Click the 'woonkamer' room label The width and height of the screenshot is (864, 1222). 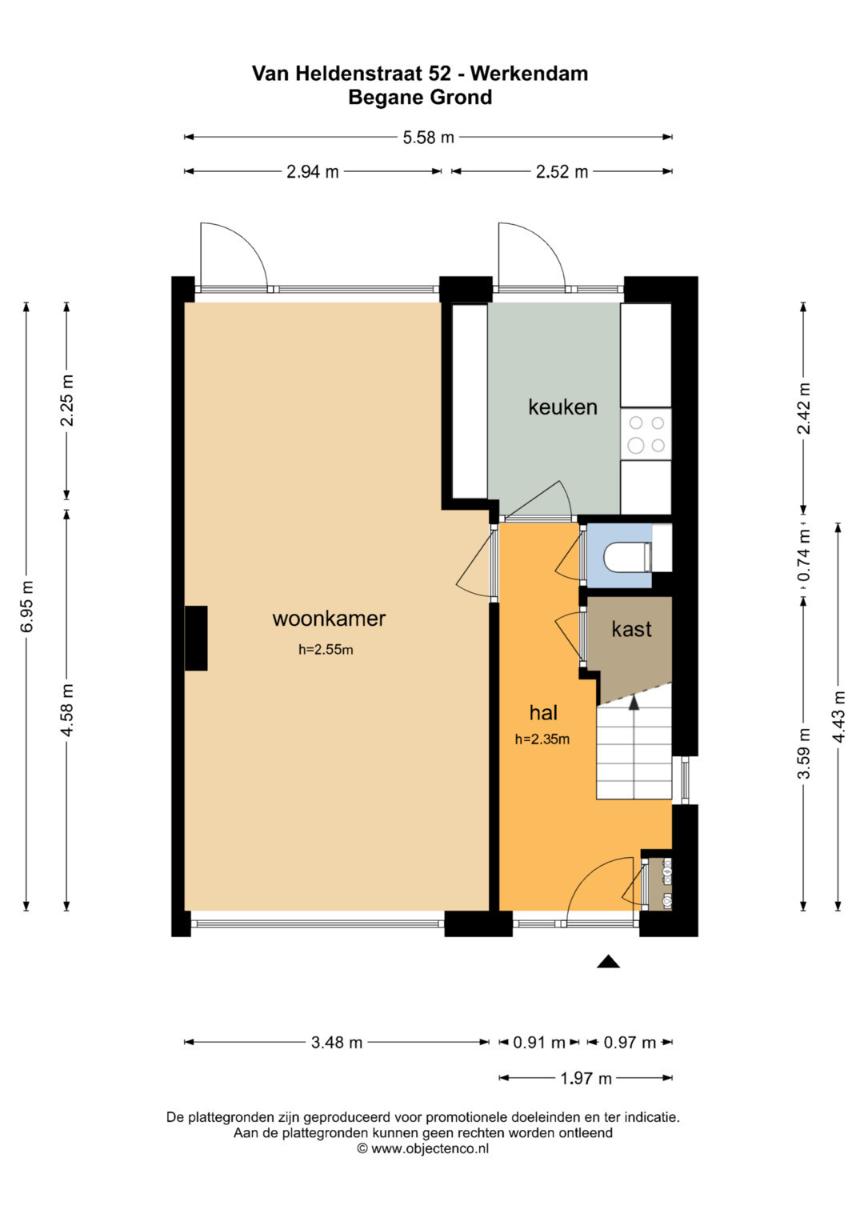pos(329,619)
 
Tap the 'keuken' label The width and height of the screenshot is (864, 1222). pos(562,407)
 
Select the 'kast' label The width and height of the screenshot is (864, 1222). pos(631,629)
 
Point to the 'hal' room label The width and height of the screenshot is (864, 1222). pos(543,712)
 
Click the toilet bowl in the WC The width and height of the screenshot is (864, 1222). pos(627,557)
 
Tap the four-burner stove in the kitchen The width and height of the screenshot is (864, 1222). pos(646,434)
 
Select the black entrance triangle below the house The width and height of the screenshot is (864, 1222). pos(608,961)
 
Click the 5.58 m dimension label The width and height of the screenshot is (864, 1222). pos(428,138)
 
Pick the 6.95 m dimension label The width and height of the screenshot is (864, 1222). pos(26,606)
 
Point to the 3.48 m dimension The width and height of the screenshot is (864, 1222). pos(337,1043)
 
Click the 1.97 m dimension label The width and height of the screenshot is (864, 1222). pos(586,1079)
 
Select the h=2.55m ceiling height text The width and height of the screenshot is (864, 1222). pos(326,650)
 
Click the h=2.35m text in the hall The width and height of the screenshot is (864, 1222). pos(542,739)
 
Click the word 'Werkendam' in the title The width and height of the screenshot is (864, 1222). pos(529,73)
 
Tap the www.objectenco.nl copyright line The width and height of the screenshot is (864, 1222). pos(422,1148)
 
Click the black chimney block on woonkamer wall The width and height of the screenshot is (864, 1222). pos(196,638)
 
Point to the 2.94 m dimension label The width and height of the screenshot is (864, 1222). pos(313,172)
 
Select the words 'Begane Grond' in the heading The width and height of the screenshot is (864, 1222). pos(420,98)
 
